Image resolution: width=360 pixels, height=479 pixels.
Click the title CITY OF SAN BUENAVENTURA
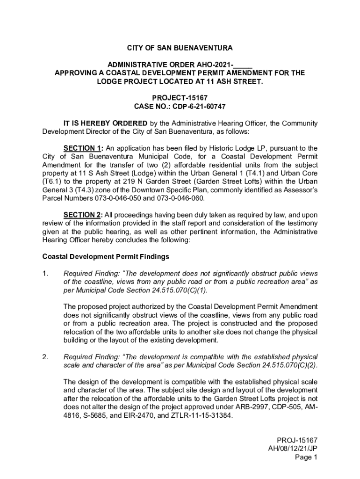180,48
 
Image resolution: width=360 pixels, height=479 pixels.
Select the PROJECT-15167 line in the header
180,98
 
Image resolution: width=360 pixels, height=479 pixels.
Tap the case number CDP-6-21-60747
199,107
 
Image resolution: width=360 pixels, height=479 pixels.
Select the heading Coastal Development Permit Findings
106,257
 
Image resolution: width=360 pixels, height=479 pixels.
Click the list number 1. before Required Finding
46,273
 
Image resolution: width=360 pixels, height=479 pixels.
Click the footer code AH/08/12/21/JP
293,449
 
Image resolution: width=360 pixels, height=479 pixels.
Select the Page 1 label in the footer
307,457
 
